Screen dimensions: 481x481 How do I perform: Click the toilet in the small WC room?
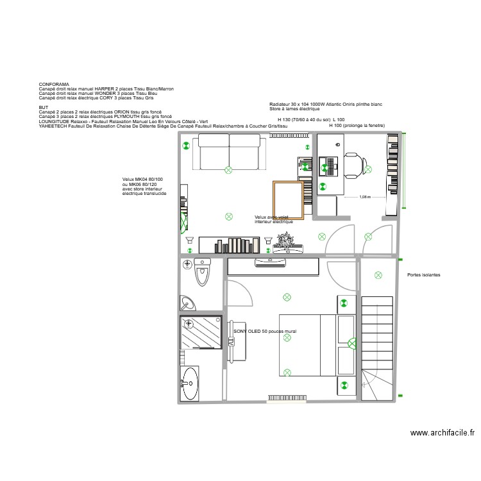coord(203,271)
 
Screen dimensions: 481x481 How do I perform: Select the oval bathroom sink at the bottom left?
coord(189,383)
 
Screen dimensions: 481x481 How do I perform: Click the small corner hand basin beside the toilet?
coord(188,303)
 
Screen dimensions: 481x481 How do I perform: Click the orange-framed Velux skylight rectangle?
coord(288,200)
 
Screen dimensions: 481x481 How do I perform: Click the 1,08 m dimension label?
coord(365,198)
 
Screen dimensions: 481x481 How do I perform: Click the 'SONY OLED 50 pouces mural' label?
coord(265,332)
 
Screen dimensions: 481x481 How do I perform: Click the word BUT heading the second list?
coord(43,107)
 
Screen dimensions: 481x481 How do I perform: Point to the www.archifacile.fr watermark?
coord(442,433)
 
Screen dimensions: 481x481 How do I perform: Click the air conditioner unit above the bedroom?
coord(272,262)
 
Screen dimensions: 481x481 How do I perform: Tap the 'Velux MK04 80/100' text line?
coord(142,179)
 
